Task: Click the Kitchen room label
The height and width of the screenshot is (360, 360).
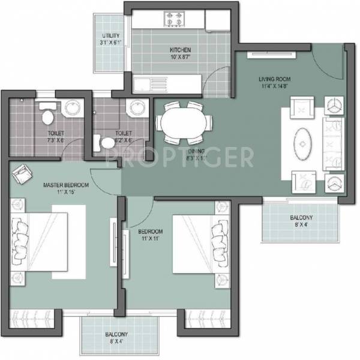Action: (x=179, y=50)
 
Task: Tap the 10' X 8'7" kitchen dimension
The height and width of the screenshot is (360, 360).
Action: (x=179, y=58)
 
